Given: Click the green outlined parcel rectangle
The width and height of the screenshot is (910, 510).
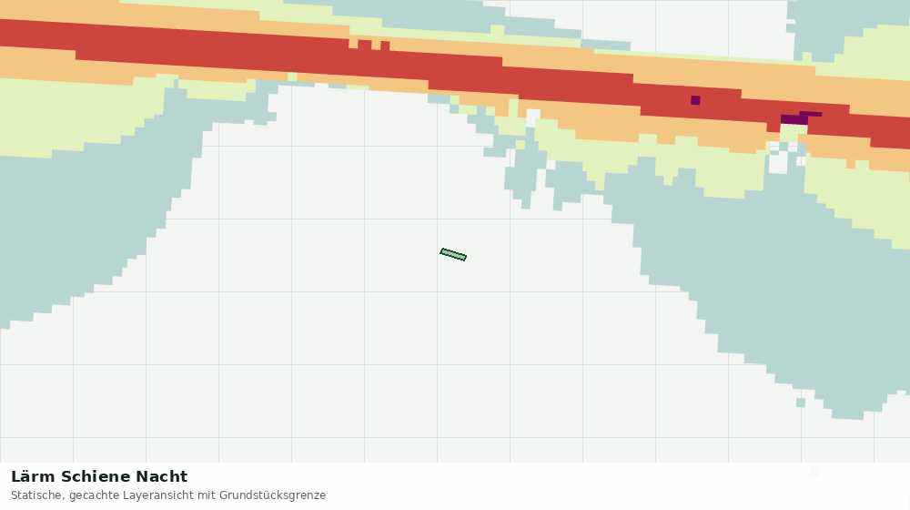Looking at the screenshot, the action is tap(453, 254).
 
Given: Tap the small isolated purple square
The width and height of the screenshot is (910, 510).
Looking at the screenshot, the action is tap(695, 100).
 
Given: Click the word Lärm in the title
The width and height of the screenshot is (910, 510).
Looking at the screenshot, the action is tap(33, 477).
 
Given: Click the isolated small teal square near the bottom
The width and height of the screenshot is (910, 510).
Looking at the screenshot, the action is tap(800, 403).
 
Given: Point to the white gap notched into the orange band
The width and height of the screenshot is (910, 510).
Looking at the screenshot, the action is tap(533, 117).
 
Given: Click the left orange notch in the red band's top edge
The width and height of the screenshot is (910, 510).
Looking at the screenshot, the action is tap(353, 44).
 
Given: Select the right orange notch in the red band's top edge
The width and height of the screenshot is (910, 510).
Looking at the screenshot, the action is tap(376, 46).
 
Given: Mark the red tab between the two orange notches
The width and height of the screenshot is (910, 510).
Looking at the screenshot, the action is tap(365, 45).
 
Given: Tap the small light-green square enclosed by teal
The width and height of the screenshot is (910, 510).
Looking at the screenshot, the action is tap(520, 145).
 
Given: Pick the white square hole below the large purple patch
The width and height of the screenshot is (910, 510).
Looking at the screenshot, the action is tap(778, 163).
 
